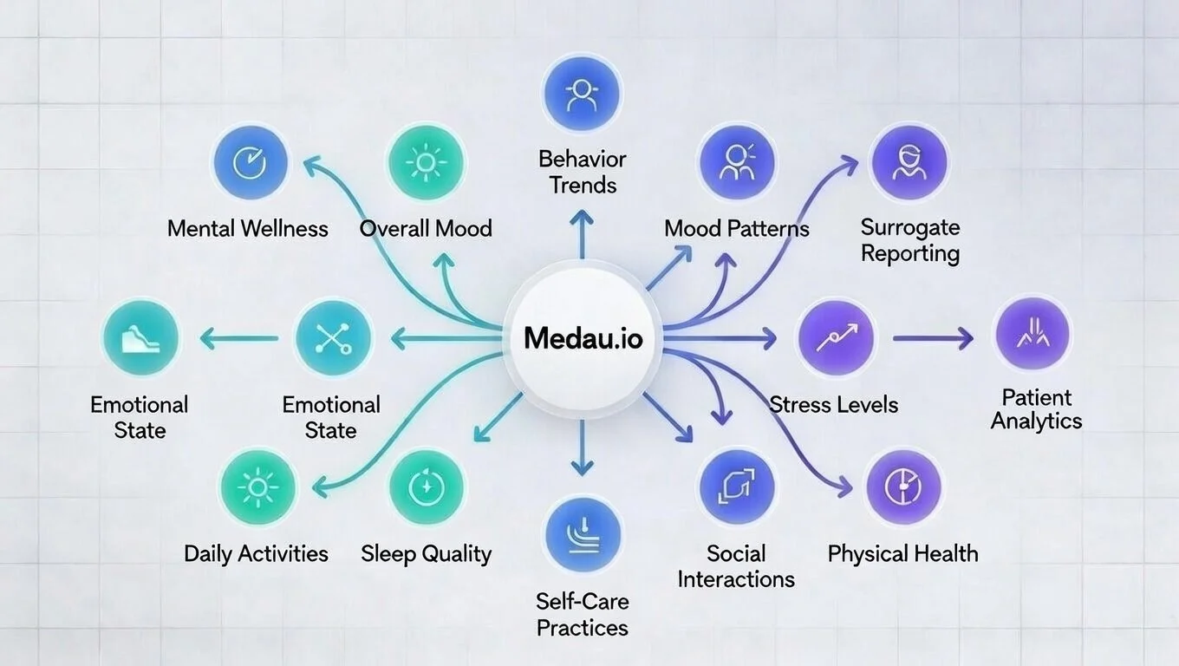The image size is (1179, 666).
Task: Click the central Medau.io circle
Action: tap(583, 338)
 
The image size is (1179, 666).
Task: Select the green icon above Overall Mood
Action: tap(426, 161)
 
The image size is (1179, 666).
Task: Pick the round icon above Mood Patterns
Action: tap(736, 161)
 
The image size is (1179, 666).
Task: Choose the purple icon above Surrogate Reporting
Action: tap(909, 161)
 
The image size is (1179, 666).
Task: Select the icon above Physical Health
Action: tap(902, 487)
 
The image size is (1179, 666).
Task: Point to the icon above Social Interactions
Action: tap(736, 487)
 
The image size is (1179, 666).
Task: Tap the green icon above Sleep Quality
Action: tap(426, 487)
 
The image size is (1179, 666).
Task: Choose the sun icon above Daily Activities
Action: tap(257, 487)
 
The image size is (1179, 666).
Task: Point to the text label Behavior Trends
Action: tap(582, 172)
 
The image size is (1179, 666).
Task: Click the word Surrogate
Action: tap(909, 227)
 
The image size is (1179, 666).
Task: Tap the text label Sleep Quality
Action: tap(426, 554)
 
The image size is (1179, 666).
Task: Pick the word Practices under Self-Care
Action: tap(582, 627)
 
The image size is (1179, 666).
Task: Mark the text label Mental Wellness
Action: tap(248, 229)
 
